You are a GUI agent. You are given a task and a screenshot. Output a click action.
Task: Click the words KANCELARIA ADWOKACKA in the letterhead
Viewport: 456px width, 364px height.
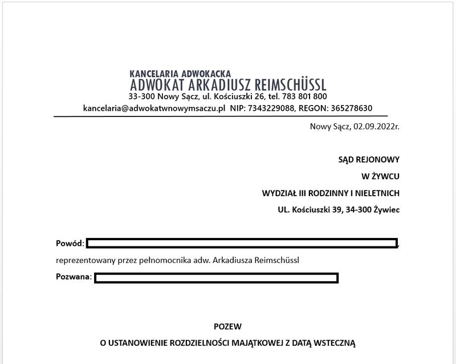(180, 74)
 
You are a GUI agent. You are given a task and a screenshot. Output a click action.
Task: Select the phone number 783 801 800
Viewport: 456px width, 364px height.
(304, 96)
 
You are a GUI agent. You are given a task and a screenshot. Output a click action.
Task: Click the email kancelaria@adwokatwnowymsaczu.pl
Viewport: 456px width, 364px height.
(154, 108)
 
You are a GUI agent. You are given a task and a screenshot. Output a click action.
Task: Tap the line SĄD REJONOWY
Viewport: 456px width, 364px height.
(369, 160)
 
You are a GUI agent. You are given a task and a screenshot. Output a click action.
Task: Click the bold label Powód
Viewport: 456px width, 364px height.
(70, 244)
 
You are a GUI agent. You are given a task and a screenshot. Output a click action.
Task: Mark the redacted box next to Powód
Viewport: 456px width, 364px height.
(242, 244)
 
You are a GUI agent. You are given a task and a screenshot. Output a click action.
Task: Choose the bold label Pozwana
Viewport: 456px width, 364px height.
(74, 277)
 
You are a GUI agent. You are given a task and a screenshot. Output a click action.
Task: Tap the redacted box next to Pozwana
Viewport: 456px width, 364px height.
(216, 278)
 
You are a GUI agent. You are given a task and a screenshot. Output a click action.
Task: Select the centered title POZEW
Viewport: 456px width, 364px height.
(227, 327)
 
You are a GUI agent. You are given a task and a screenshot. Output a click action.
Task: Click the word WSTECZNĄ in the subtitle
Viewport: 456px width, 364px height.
(335, 343)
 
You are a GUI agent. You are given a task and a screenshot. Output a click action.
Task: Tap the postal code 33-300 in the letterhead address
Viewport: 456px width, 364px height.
(142, 96)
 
